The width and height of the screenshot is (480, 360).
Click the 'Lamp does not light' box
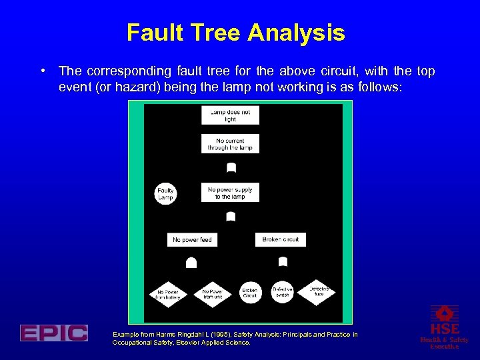[230, 115]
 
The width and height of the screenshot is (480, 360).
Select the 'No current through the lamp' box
[230, 144]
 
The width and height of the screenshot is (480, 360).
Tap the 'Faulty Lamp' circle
[165, 194]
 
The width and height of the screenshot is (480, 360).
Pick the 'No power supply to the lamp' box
[230, 193]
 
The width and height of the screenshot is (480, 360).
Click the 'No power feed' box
[192, 240]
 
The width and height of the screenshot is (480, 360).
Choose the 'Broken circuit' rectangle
[281, 239]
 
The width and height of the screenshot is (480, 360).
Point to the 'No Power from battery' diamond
[168, 294]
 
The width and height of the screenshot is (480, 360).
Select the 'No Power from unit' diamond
[212, 294]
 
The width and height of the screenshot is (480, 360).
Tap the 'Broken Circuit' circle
[250, 293]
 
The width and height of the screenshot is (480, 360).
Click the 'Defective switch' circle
[283, 291]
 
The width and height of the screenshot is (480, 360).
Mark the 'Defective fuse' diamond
[319, 291]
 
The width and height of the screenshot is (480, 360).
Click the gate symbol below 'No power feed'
[191, 263]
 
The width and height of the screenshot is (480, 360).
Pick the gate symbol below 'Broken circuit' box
[283, 261]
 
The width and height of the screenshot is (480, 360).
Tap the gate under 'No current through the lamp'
[231, 166]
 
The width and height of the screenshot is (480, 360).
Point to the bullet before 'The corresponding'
[42, 70]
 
